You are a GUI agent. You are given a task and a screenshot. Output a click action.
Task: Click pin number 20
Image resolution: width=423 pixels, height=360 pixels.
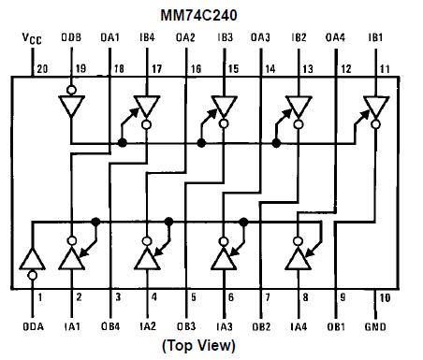click(41, 68)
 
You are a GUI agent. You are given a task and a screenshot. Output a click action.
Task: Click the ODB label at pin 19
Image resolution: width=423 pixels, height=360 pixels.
click(72, 39)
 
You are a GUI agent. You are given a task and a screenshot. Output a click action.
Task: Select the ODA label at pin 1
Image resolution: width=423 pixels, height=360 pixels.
click(34, 326)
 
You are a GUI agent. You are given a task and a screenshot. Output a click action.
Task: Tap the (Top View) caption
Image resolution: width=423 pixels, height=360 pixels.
click(198, 345)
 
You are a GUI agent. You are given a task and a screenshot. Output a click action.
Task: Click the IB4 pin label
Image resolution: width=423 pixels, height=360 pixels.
click(147, 39)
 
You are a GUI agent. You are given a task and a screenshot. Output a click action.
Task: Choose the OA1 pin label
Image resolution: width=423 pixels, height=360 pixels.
click(109, 39)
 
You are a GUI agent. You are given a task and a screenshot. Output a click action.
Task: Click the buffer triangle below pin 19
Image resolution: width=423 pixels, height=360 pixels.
click(71, 108)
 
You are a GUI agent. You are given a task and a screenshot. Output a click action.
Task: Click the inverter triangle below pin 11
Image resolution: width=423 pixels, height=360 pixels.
click(376, 108)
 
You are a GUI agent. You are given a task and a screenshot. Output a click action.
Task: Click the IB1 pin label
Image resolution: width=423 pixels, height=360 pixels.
click(375, 39)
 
